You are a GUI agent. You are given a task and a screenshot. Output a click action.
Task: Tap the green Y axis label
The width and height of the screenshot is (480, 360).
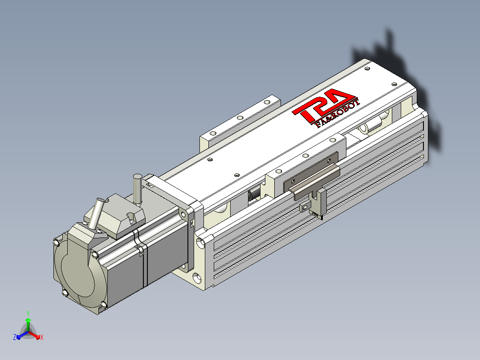click(x=28, y=313)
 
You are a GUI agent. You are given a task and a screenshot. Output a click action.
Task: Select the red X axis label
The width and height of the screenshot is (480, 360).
click(x=42, y=337)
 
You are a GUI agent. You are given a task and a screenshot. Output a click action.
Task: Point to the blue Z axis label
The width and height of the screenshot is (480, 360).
click(x=14, y=337)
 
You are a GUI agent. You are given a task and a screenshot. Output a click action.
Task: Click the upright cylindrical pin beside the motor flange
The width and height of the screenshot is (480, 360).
click(x=137, y=189)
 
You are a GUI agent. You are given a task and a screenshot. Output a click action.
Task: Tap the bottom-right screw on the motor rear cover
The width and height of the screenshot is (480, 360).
click(x=103, y=305)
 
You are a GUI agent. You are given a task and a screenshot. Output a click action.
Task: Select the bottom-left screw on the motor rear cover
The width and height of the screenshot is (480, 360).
click(x=65, y=293)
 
